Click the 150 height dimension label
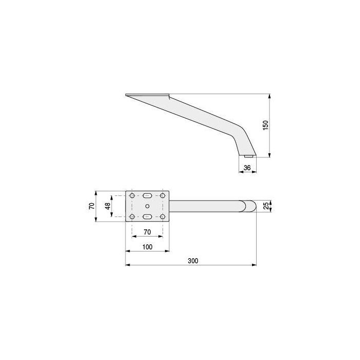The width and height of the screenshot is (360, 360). coord(265,125)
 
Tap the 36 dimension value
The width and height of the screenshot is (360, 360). coord(247,167)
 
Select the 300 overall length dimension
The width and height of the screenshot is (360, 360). coord(193,261)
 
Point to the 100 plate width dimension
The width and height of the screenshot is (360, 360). coord(148,247)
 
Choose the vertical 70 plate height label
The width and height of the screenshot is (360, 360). coord(92,206)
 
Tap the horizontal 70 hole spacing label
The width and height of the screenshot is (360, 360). coord(147,232)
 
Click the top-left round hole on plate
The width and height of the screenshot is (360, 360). coord(132,196)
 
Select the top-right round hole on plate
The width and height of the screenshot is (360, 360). coord(163,196)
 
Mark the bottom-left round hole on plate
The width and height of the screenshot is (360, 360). coord(132,217)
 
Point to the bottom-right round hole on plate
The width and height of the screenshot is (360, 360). coord(163,217)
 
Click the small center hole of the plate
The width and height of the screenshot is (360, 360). coord(147,207)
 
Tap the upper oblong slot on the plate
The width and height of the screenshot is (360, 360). coord(147,196)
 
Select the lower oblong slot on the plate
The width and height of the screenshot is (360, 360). coord(147,217)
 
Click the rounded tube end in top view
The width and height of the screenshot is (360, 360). coord(250,206)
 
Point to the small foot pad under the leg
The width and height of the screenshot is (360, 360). coord(249,155)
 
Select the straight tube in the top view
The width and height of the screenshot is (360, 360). coord(206,206)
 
